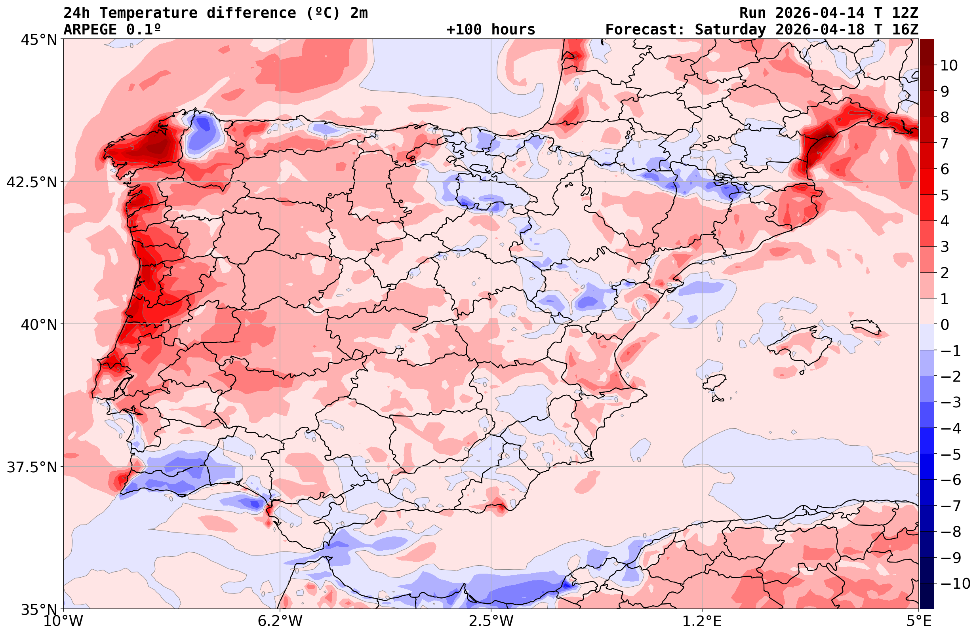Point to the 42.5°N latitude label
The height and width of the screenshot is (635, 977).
click(32, 182)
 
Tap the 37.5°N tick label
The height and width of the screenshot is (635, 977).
click(32, 467)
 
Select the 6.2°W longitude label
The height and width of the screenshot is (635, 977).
click(280, 622)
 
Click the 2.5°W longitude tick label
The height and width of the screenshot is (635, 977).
click(491, 622)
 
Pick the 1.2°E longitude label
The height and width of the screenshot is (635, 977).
click(702, 622)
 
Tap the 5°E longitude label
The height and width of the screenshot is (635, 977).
click(918, 622)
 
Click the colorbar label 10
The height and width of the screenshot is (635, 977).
click(948, 65)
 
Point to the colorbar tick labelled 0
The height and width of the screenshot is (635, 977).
click(945, 325)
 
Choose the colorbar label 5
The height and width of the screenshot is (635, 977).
click(945, 196)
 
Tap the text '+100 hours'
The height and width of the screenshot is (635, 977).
click(491, 30)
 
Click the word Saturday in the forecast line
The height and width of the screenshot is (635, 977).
click(730, 30)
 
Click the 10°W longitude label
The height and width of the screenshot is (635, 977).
click(63, 622)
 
